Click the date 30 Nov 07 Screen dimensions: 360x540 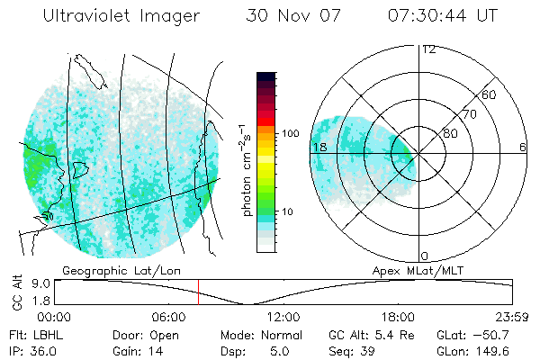pos(293,16)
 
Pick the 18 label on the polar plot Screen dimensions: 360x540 pos(318,147)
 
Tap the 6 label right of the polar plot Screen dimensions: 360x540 pos(523,147)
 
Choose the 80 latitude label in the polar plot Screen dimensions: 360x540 pos(450,134)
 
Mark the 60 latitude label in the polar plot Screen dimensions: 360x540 pos(490,94)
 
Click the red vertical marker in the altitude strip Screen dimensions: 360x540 pos(199,292)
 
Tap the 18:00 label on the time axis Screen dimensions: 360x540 pos(398,316)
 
